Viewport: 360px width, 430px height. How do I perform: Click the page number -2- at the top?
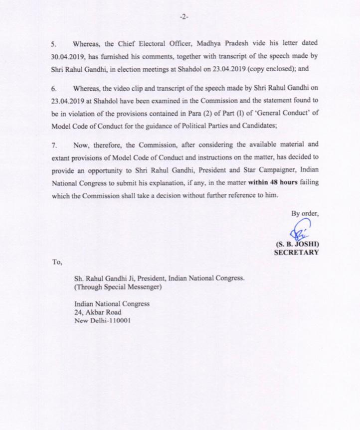coord(183,16)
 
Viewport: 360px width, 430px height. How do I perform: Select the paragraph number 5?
coord(55,43)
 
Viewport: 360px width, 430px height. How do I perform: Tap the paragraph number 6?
coord(55,89)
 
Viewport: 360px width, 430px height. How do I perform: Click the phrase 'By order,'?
coord(304,213)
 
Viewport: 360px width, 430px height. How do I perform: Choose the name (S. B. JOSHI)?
coord(297,245)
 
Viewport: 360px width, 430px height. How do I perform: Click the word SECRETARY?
coord(297,253)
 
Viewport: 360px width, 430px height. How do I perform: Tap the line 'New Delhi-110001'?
coord(102,321)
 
